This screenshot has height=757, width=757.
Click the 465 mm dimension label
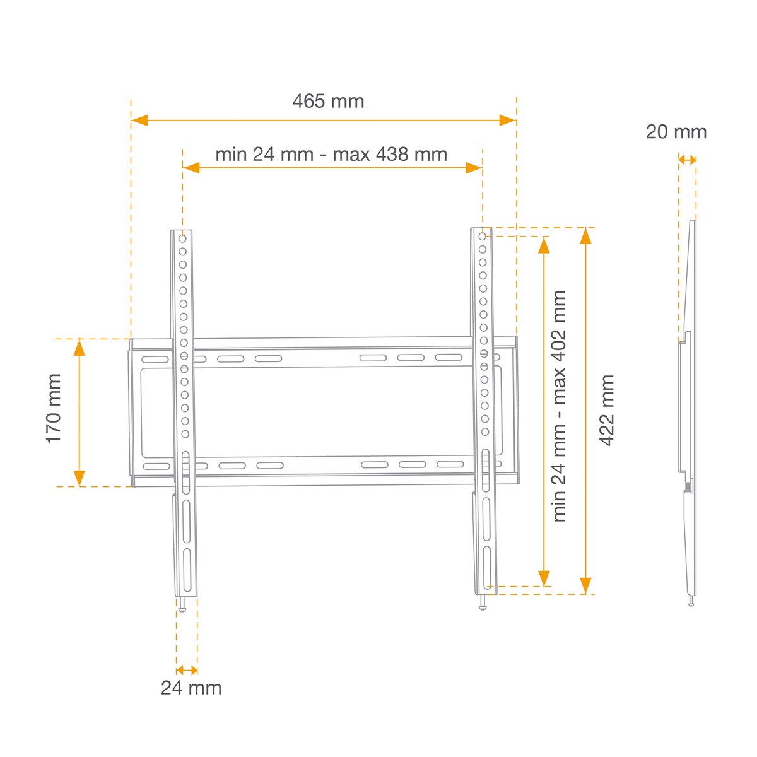(x=328, y=101)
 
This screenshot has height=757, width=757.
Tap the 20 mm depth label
(x=676, y=132)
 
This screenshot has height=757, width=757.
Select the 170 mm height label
(x=54, y=409)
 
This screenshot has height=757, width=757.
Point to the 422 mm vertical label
(x=607, y=411)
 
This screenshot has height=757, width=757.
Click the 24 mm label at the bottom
(x=191, y=688)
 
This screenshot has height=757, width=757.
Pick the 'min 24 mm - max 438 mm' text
(x=331, y=155)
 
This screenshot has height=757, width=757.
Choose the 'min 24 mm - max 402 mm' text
(x=559, y=406)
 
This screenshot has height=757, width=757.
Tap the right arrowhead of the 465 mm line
(x=508, y=120)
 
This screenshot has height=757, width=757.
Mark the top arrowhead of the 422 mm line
(x=585, y=235)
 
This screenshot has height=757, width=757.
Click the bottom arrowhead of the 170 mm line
(x=79, y=479)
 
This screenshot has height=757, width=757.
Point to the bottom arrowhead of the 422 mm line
(x=585, y=586)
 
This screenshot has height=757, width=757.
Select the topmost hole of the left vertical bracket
(x=182, y=238)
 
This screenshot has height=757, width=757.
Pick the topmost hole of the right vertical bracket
(x=483, y=237)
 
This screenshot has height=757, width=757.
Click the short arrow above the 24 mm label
(x=187, y=670)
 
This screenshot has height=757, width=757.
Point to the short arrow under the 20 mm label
(x=688, y=160)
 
